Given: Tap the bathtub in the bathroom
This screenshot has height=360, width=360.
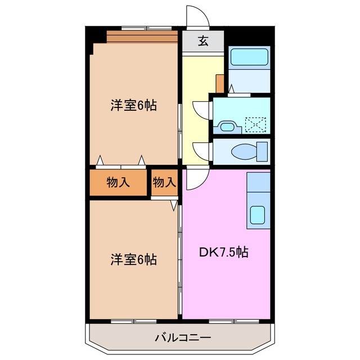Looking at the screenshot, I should tap(250, 57).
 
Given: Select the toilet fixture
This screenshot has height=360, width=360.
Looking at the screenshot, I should tap(250, 151).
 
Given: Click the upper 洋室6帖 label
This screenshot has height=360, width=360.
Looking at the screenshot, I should tap(133, 105).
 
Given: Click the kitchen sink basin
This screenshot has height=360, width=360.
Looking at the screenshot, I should tap(258, 215).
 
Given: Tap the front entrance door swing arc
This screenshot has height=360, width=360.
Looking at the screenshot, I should tap(198, 16).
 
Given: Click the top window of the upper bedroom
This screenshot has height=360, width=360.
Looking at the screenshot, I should tap(146, 28).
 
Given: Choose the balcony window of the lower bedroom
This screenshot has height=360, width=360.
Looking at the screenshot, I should tap(133, 321).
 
